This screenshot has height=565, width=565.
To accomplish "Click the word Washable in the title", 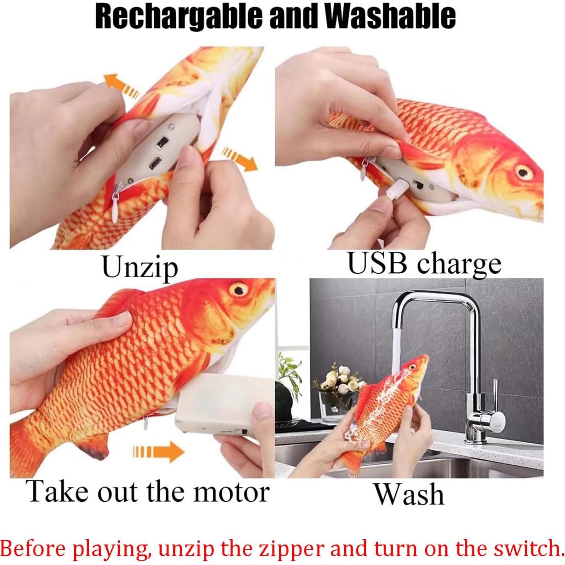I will coord(390,17).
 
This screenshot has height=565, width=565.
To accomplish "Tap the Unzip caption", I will coord(140,267).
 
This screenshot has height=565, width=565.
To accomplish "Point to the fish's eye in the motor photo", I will coord(238,289).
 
